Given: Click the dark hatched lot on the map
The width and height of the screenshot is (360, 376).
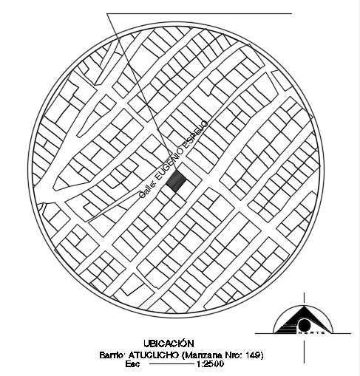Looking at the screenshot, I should [x=175, y=180].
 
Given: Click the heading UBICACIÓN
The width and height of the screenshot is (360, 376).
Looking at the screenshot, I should [x=169, y=343].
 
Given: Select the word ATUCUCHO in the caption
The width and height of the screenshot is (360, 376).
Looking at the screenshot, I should [x=153, y=355].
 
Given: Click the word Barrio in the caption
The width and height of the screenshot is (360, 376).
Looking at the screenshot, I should [x=112, y=355].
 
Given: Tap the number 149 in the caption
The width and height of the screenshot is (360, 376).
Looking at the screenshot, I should [x=253, y=355].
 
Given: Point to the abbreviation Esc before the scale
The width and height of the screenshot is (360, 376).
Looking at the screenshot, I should [x=134, y=364].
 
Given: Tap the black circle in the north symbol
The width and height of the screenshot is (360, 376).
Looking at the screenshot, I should [x=304, y=325].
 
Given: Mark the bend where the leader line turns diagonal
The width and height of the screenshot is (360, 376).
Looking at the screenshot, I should [x=109, y=15].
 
